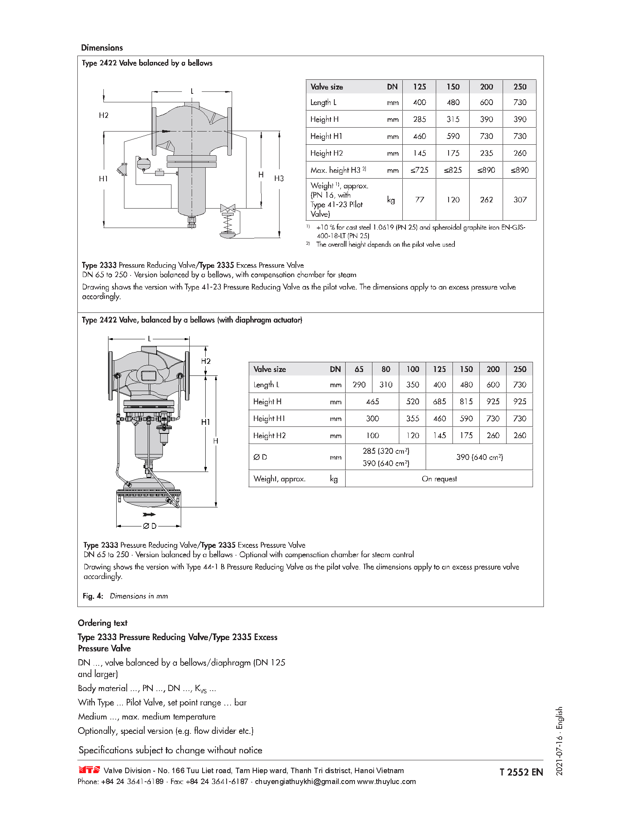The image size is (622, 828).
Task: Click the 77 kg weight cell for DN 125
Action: pyautogui.click(x=419, y=200)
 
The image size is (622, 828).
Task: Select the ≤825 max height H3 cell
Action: pyautogui.click(x=453, y=170)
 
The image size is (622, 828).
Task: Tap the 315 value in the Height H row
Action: pyautogui.click(x=453, y=119)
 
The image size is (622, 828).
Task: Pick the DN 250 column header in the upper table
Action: pyautogui.click(x=520, y=87)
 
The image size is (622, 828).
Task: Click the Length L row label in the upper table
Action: pyautogui.click(x=323, y=102)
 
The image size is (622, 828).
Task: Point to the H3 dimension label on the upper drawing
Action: pyautogui.click(x=279, y=179)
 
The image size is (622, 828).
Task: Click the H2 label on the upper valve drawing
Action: pyautogui.click(x=104, y=115)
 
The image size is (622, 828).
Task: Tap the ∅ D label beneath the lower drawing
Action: pyautogui.click(x=150, y=526)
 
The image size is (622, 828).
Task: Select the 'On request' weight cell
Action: pyautogui.click(x=439, y=479)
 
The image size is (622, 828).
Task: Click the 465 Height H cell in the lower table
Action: pyautogui.click(x=372, y=402)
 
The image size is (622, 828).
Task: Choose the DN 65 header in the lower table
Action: pyautogui.click(x=359, y=369)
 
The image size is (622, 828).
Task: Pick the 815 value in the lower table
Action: pyautogui.click(x=466, y=402)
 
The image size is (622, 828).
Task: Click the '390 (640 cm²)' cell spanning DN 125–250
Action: pyautogui.click(x=479, y=457)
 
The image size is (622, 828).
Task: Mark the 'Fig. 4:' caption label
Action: pyautogui.click(x=93, y=596)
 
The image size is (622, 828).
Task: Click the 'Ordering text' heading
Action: pyautogui.click(x=103, y=623)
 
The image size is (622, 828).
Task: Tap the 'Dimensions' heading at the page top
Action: pyautogui.click(x=102, y=48)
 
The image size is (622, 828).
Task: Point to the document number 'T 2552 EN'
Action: pyautogui.click(x=521, y=772)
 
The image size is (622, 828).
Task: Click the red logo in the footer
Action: pyautogui.click(x=89, y=770)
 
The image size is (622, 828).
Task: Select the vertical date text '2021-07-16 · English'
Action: pyautogui.click(x=559, y=741)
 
